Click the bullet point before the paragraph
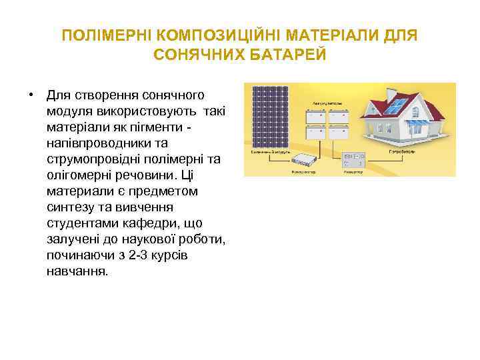point(31,94)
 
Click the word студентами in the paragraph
point(81,223)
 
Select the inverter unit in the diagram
point(353,160)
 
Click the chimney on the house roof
point(417,97)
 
